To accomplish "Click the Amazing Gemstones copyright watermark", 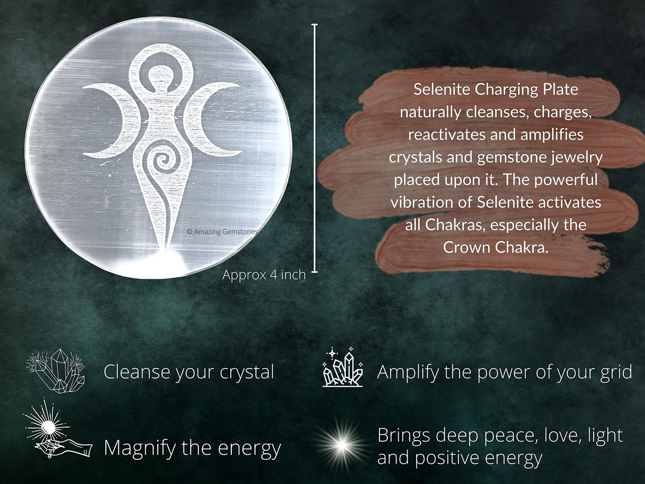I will pos(222,232).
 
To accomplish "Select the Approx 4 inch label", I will pos(264,275).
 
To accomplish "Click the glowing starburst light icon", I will pos(342,445).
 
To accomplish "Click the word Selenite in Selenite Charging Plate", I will pos(442,90).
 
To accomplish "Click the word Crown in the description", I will pos(466,248).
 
